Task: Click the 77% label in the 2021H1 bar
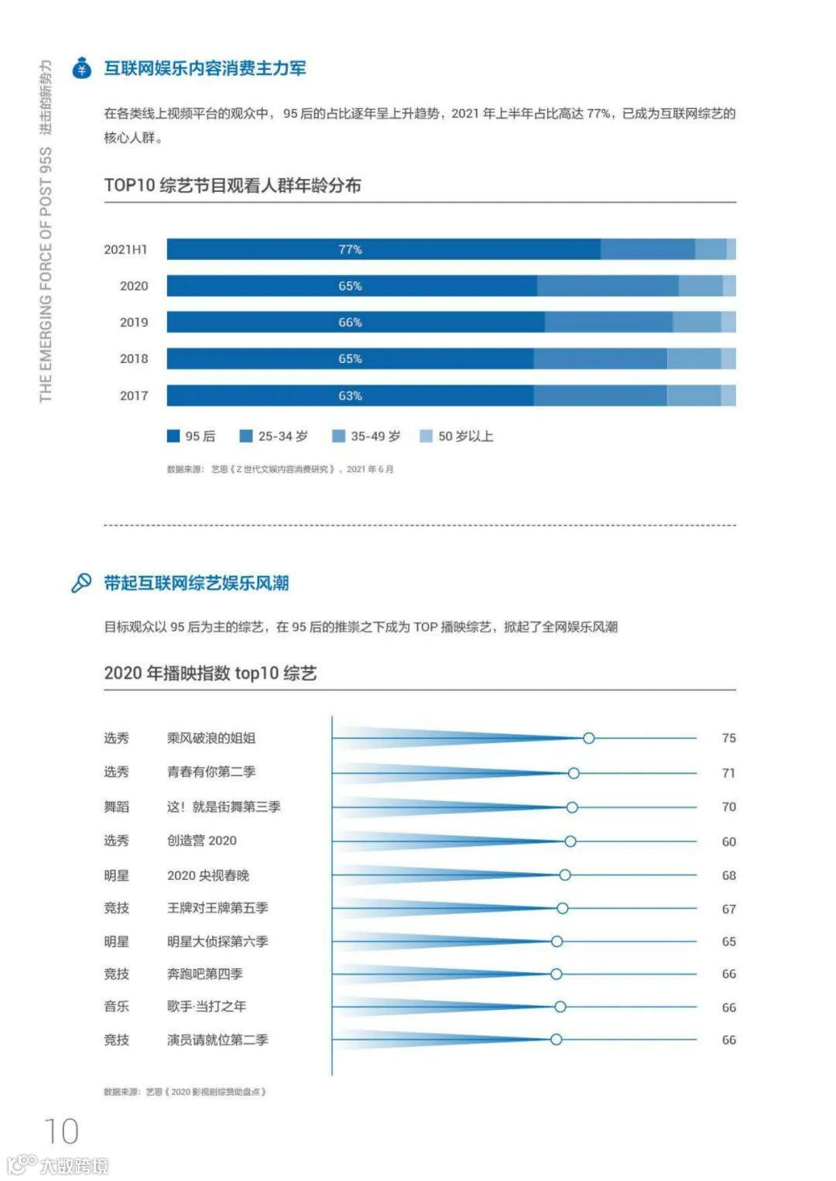click(350, 249)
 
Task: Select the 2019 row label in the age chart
click(133, 322)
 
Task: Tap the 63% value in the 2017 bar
click(350, 395)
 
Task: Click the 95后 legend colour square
click(173, 436)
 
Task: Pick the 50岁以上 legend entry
click(456, 436)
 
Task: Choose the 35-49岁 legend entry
click(366, 436)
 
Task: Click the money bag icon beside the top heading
click(81, 68)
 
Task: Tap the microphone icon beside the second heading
click(81, 583)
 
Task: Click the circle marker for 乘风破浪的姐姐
click(589, 738)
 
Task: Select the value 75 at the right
click(728, 738)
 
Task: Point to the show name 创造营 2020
click(202, 840)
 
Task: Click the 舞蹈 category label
click(117, 806)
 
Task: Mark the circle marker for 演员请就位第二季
click(556, 1039)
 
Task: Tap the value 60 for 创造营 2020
click(728, 841)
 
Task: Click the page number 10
click(61, 1131)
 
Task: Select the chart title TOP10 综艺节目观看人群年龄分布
click(232, 186)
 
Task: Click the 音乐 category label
click(117, 1006)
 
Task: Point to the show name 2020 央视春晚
click(208, 875)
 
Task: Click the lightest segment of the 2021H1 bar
click(731, 249)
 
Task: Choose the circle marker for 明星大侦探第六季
click(557, 942)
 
